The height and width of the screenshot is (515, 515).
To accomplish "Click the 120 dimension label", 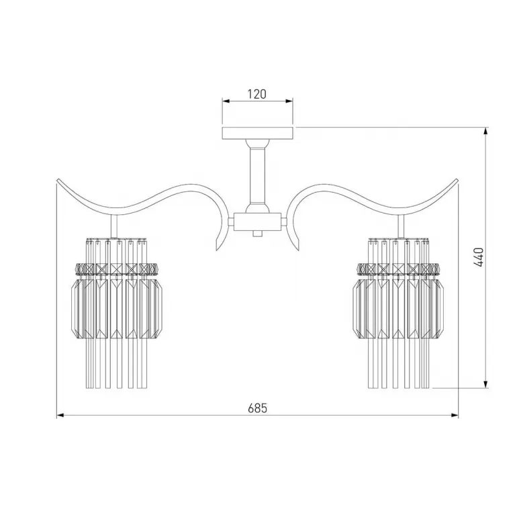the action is [x=257, y=94].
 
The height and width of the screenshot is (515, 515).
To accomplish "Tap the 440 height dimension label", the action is [x=479, y=257].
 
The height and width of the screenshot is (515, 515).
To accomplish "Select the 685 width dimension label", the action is [x=258, y=408].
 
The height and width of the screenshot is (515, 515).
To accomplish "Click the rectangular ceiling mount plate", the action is [x=258, y=133].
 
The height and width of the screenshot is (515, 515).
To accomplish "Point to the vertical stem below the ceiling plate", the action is [x=257, y=175].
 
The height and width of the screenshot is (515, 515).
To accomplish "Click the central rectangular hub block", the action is [x=257, y=222].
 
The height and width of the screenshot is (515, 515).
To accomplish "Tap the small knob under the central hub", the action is [x=258, y=234].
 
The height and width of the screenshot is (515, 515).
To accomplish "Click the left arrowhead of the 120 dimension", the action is [x=226, y=101].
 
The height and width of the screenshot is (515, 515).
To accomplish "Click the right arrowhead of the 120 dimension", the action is [x=289, y=101].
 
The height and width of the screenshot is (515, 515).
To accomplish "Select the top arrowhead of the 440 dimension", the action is [x=486, y=131].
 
